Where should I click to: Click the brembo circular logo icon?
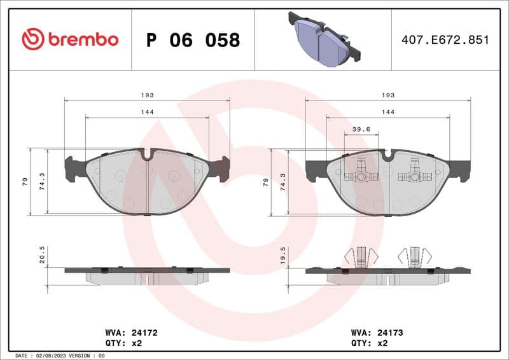coord(32,39)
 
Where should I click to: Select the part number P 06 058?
coord(193,40)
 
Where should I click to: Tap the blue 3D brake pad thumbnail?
coord(323,38)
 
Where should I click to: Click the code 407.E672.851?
coord(445,40)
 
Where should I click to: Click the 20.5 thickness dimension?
coord(42,255)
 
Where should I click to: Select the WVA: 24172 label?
coord(130,332)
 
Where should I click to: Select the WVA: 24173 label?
coord(377,332)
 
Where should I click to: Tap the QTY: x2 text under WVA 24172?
coord(122,342)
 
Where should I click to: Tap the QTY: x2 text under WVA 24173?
coord(369,342)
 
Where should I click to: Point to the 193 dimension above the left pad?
coord(147,95)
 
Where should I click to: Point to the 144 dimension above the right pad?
coord(387,112)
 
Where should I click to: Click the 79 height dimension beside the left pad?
coord(25,182)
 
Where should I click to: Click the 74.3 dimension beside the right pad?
coord(283,182)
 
